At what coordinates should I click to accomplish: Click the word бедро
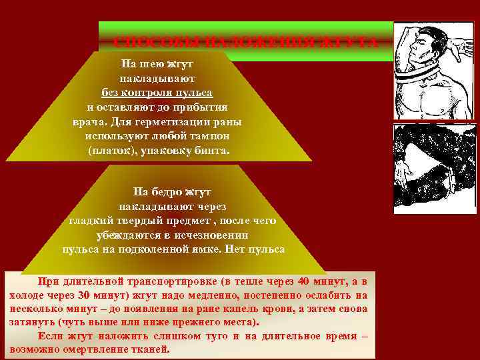(x=168, y=191)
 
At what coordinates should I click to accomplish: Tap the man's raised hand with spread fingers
(x=459, y=50)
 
